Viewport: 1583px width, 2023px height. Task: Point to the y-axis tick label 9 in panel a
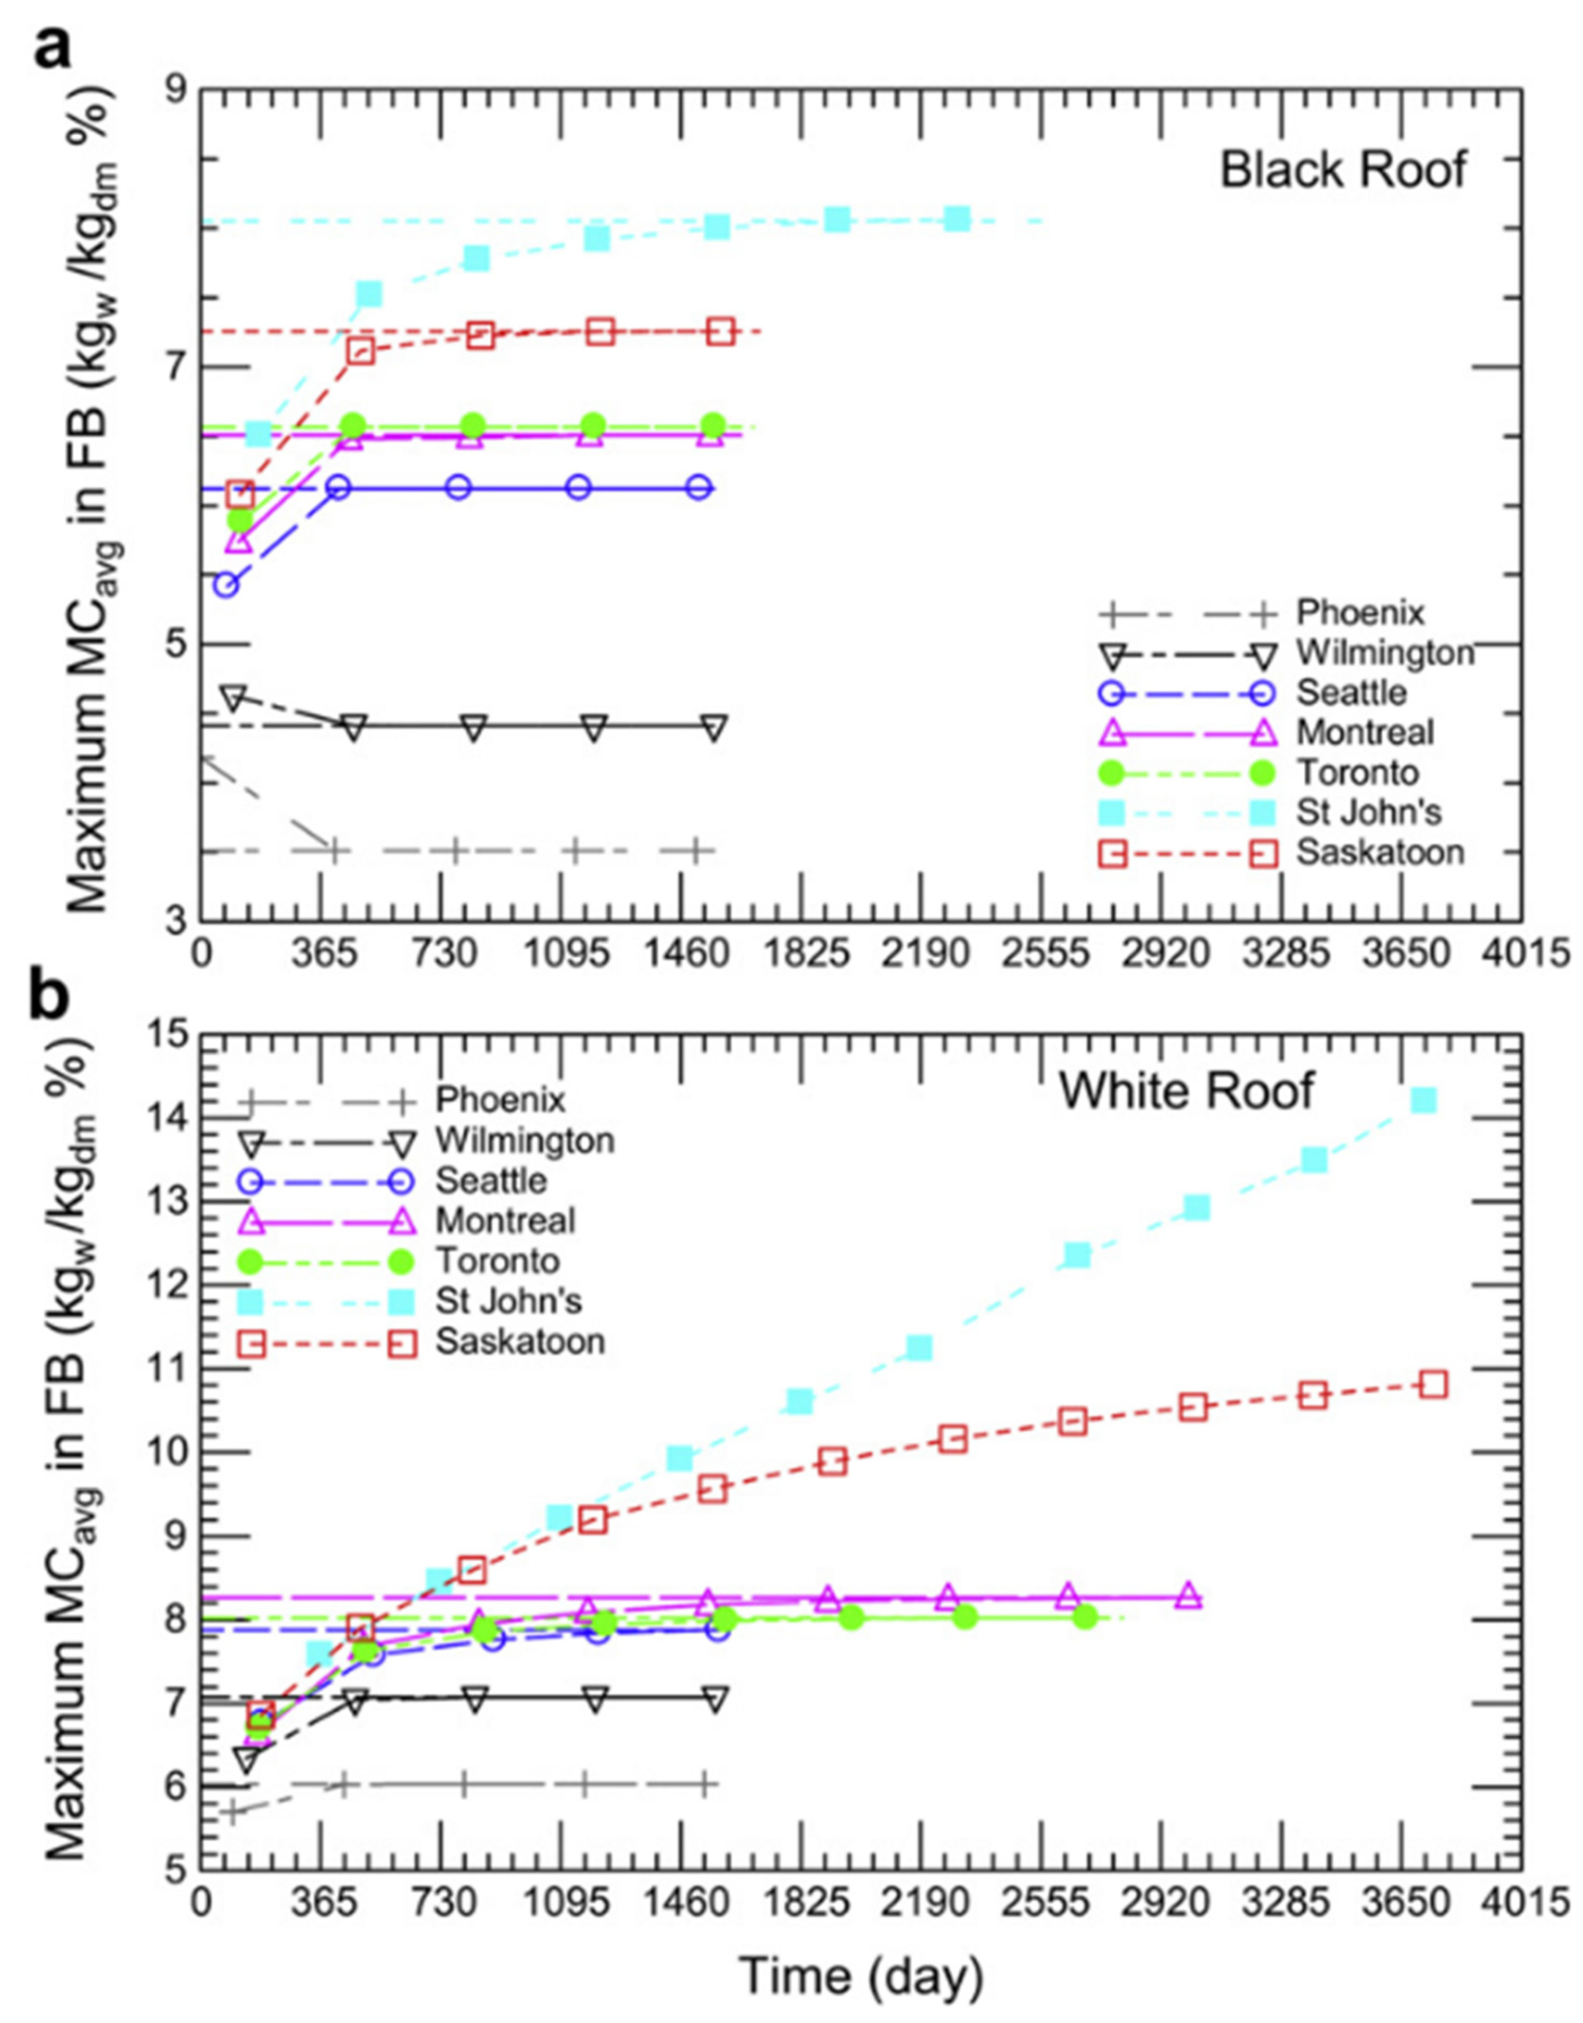(x=176, y=90)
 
